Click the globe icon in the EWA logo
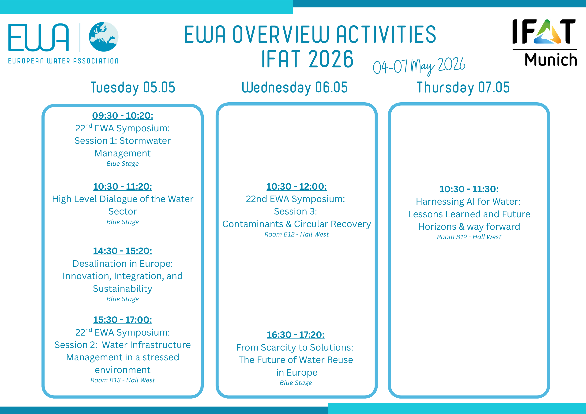[104, 37]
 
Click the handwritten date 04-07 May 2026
[419, 66]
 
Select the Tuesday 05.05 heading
[133, 87]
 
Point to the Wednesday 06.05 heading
[295, 87]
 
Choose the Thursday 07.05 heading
[463, 87]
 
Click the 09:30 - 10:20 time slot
[123, 116]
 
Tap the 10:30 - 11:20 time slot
[123, 187]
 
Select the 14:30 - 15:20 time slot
[123, 251]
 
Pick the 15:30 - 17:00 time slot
[123, 320]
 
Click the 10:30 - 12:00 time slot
[297, 187]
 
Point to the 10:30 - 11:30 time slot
[469, 189]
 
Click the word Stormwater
[145, 141]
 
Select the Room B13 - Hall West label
[123, 380]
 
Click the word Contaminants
[253, 224]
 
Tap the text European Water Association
[63, 61]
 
